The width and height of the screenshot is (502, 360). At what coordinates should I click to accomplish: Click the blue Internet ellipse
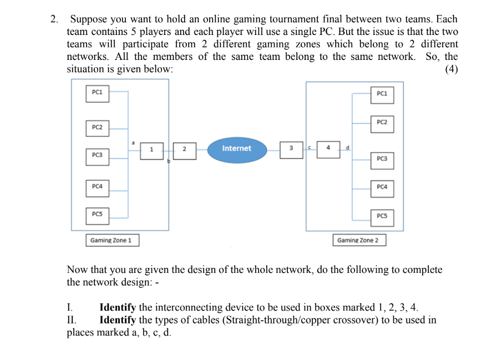pos(236,149)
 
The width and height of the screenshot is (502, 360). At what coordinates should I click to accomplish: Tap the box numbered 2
pos(185,149)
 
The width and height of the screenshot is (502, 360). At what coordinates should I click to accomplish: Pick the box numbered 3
pos(291,149)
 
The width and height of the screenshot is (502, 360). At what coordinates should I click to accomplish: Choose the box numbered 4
pos(328,148)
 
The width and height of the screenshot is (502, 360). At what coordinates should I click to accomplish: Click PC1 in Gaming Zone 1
pos(97,93)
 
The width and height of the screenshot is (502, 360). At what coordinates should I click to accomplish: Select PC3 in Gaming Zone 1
pos(97,155)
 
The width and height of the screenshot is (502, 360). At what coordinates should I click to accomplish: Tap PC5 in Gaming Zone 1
pos(97,215)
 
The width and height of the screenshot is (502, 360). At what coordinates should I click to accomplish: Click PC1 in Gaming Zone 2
pos(382,94)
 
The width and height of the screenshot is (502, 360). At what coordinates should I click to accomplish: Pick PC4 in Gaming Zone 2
pos(382,188)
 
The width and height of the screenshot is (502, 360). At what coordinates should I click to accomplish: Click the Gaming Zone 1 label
pos(111,240)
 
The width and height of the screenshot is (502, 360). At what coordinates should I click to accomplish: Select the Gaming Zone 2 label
pos(358,240)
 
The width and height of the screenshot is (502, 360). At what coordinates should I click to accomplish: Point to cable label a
pos(133,143)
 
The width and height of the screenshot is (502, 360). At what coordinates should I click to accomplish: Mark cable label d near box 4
pos(347,147)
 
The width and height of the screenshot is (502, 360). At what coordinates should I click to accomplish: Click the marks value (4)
pos(451,69)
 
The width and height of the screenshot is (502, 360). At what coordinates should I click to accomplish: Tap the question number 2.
pos(54,19)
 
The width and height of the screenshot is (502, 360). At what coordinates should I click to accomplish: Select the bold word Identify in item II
pos(118,320)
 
